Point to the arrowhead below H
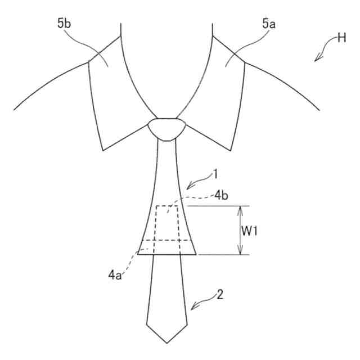coord(317,58)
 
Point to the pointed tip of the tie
coord(166,342)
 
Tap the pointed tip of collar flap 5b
coord(102,150)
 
